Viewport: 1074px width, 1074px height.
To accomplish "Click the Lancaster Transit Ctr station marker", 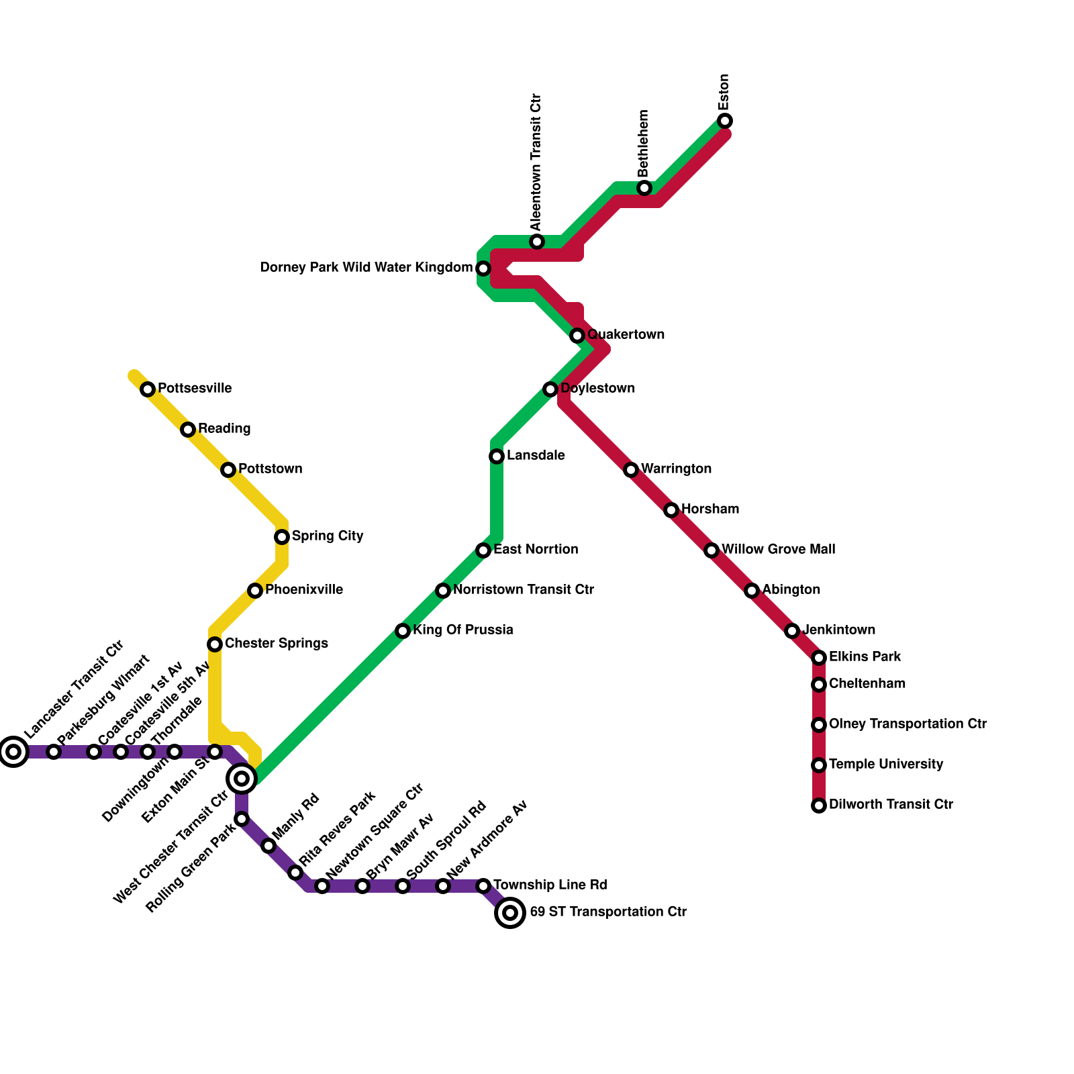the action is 13,751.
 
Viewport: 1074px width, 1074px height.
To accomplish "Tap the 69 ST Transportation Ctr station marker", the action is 510,912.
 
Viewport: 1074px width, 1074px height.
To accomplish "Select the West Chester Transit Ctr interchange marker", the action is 242,779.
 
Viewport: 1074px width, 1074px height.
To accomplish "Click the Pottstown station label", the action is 270,469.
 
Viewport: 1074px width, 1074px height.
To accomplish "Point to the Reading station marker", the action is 188,430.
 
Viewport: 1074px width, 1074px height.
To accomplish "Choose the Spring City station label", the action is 328,536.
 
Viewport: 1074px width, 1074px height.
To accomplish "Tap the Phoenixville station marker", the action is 255,591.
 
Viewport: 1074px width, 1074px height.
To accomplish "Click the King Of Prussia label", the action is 463,630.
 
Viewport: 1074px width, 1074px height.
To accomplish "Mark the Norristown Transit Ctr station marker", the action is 443,591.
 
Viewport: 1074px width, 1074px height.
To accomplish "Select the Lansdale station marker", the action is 497,456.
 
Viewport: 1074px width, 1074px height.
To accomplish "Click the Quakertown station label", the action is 626,334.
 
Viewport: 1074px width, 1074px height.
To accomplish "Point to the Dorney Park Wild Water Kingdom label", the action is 366,268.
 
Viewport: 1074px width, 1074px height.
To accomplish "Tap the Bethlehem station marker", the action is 644,188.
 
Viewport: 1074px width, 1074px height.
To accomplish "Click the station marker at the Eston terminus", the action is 725,121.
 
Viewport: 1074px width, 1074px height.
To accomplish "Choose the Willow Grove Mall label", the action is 778,549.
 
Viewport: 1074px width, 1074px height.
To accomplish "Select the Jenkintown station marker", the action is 792,631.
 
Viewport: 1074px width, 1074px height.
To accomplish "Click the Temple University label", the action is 886,764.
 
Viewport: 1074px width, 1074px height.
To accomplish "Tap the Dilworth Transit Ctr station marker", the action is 819,805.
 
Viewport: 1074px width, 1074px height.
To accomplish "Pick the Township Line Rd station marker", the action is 483,886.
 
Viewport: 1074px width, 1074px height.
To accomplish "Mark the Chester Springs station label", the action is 277,643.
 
